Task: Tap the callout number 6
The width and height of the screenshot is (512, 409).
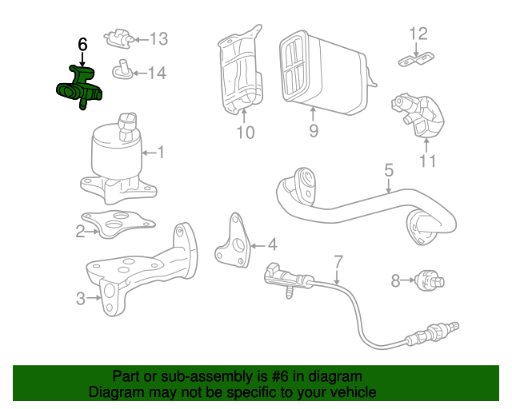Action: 82,45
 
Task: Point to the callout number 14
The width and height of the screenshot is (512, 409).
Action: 157,73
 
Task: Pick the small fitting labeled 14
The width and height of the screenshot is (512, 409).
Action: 123,69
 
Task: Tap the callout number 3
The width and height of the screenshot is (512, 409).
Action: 80,300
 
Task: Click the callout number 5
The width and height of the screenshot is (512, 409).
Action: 389,169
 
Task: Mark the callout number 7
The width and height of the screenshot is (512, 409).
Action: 338,260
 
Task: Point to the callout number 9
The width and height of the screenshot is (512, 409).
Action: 314,130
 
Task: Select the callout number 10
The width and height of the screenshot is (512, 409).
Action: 246,132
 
